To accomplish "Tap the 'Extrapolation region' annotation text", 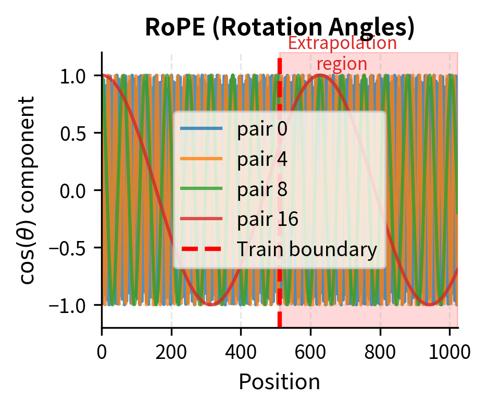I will click(342, 53).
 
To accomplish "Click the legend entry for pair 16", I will click(267, 219).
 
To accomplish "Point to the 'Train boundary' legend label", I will click(306, 249).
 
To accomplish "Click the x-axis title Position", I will click(279, 382).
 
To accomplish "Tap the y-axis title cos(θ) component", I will click(29, 190).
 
